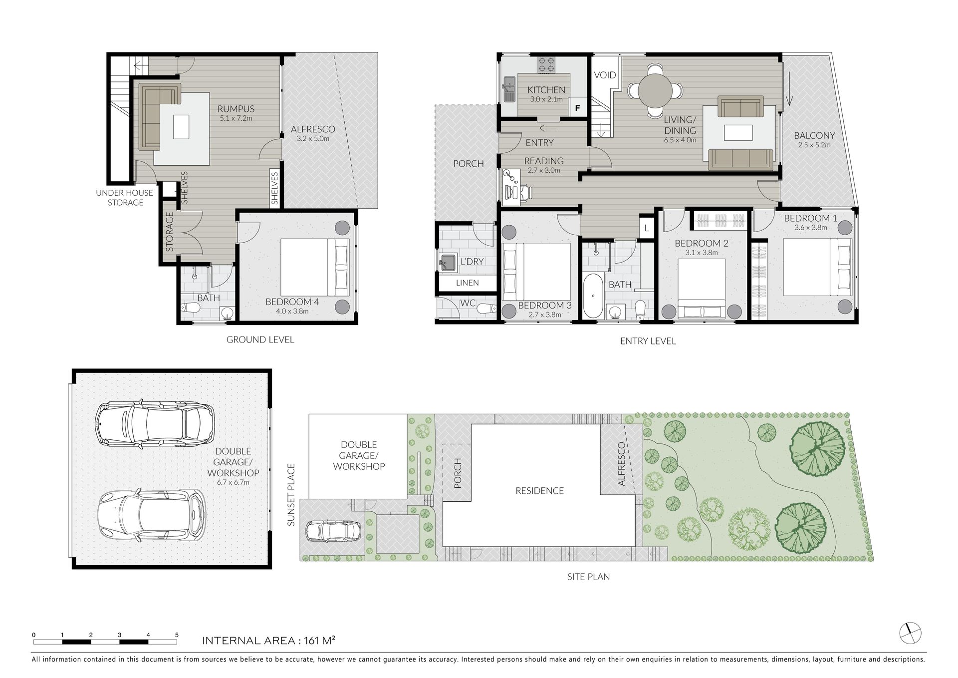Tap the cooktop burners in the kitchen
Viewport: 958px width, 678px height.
click(x=547, y=64)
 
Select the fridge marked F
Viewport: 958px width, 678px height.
click(x=578, y=107)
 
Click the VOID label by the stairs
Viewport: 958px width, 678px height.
click(x=605, y=75)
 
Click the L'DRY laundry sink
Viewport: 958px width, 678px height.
click(x=448, y=262)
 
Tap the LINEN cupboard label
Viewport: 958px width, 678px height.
click(x=468, y=283)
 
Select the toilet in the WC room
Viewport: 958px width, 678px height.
click(x=485, y=309)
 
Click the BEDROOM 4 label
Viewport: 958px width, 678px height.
click(x=292, y=302)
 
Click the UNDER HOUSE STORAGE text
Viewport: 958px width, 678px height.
click(x=125, y=198)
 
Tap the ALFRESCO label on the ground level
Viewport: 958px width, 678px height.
click(x=313, y=129)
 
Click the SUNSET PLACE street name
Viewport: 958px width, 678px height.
click(x=292, y=495)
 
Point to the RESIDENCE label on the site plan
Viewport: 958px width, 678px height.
click(x=539, y=491)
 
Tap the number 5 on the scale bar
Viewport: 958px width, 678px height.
click(x=177, y=635)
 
